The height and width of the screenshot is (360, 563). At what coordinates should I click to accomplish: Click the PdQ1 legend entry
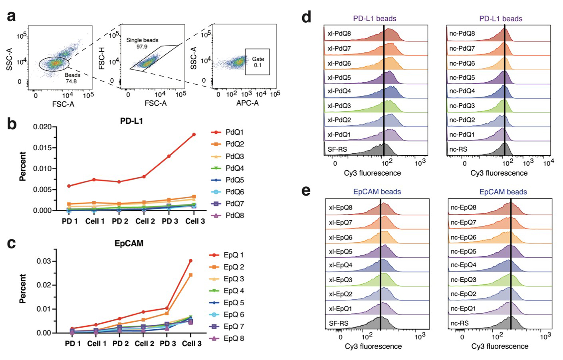point(234,132)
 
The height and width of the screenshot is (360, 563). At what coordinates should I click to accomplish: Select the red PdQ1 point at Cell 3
point(194,135)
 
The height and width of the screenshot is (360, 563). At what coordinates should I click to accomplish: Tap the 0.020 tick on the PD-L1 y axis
point(42,127)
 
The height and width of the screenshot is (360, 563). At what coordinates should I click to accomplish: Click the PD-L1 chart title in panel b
point(131,121)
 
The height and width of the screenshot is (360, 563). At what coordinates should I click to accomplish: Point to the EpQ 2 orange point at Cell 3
point(190,275)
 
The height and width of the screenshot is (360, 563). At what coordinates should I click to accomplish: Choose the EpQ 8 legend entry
point(233,338)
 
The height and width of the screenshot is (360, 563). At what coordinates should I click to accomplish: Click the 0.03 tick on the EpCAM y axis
point(44,261)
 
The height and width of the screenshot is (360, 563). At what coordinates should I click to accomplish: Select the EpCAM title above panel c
point(129,243)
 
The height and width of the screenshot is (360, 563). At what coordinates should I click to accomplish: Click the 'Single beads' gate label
point(142,40)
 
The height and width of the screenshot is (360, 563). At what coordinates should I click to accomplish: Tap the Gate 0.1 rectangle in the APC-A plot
point(258,62)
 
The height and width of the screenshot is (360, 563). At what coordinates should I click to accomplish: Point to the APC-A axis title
point(247,103)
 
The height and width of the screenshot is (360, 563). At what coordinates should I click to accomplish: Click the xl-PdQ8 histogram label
point(339,34)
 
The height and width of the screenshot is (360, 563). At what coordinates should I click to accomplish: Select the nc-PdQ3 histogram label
point(462,106)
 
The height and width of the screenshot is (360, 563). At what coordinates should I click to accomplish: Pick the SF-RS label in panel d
point(337,149)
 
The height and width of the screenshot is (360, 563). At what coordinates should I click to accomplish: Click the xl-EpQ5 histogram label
point(340,251)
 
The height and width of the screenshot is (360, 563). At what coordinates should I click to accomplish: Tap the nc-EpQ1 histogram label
point(463,309)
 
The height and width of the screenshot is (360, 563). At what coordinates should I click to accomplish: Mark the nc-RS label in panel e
point(460,323)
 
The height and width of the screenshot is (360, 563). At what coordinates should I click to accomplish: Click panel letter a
point(12,16)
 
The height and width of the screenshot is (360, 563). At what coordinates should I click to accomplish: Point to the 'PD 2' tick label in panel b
point(120,221)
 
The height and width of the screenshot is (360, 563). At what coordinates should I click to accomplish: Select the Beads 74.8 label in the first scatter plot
point(72,78)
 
